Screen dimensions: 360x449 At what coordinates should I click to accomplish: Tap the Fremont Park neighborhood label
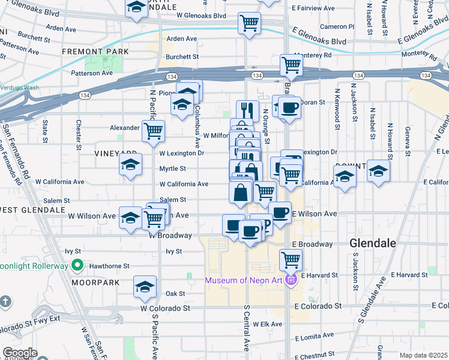point(95,52)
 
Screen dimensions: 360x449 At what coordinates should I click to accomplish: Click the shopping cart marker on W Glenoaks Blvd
point(249,23)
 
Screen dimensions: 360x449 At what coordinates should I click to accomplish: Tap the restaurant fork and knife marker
point(247,110)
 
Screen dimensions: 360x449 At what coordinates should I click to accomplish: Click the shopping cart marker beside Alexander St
point(154,130)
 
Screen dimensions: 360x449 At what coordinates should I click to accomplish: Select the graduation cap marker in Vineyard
point(130,165)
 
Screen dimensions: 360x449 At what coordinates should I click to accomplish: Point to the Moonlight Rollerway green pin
point(77,265)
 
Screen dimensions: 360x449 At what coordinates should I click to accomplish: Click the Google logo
point(20,353)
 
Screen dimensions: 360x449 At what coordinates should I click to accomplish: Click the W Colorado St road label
point(165,308)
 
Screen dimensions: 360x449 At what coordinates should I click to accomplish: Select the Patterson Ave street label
point(92,73)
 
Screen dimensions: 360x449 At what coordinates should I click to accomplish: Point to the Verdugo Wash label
point(19,88)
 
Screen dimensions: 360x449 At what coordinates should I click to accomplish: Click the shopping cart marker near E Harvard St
point(291,260)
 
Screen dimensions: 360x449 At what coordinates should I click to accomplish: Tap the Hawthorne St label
point(109,266)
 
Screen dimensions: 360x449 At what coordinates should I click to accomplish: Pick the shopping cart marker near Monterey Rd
point(291,64)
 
